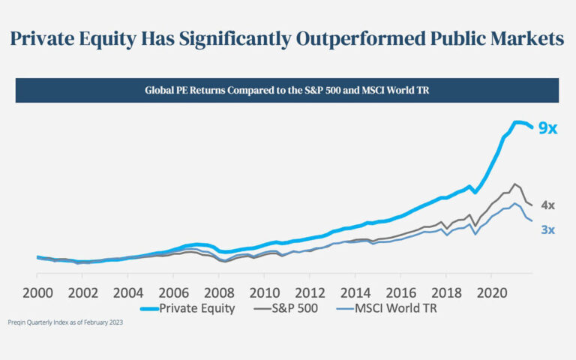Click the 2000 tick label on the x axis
pyautogui.click(x=37, y=292)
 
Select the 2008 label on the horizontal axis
pyautogui.click(x=219, y=292)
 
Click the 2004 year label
pyautogui.click(x=128, y=292)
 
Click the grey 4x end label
pyautogui.click(x=547, y=205)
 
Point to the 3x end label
pyautogui.click(x=547, y=229)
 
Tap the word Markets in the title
pyautogui.click(x=525, y=39)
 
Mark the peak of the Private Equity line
pyautogui.click(x=517, y=121)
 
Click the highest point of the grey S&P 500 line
pyautogui.click(x=514, y=184)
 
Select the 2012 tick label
pyautogui.click(x=310, y=292)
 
